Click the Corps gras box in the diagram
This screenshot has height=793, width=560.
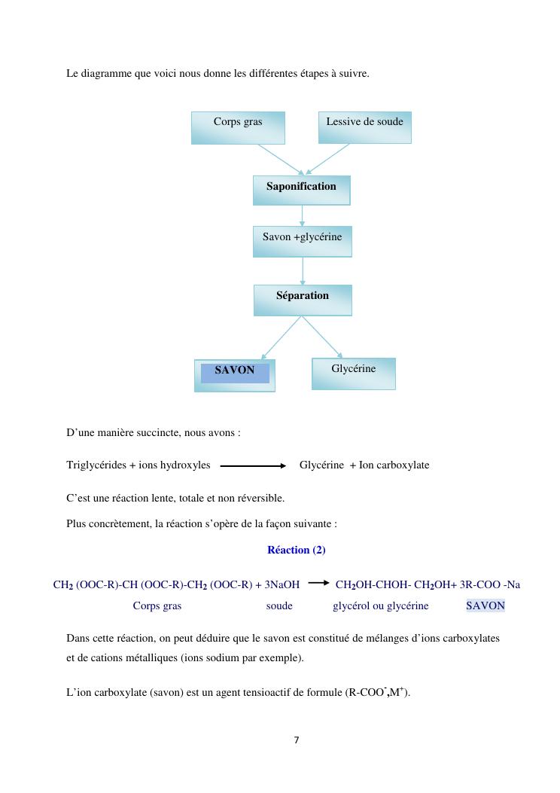point(238,127)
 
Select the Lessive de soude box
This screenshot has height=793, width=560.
point(364,127)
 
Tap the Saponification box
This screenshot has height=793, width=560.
point(301,190)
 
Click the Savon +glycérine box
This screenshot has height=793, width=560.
point(302,241)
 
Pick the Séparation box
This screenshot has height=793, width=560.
point(303,300)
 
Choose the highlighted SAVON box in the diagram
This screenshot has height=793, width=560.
point(235,374)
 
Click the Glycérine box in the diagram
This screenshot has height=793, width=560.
point(353,373)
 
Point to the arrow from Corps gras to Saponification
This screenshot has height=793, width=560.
point(280,159)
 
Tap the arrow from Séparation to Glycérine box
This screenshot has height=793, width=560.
point(323,336)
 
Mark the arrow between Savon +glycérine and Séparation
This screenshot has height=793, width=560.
point(303,270)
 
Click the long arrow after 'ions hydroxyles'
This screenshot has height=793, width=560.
point(253,465)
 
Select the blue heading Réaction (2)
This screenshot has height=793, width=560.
point(297,550)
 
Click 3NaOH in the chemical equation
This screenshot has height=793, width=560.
point(282,584)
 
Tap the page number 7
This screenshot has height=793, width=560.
point(297,740)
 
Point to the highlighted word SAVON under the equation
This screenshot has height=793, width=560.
point(485,605)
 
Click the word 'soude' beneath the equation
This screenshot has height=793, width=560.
point(279,605)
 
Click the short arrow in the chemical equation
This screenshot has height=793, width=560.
point(318,582)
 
